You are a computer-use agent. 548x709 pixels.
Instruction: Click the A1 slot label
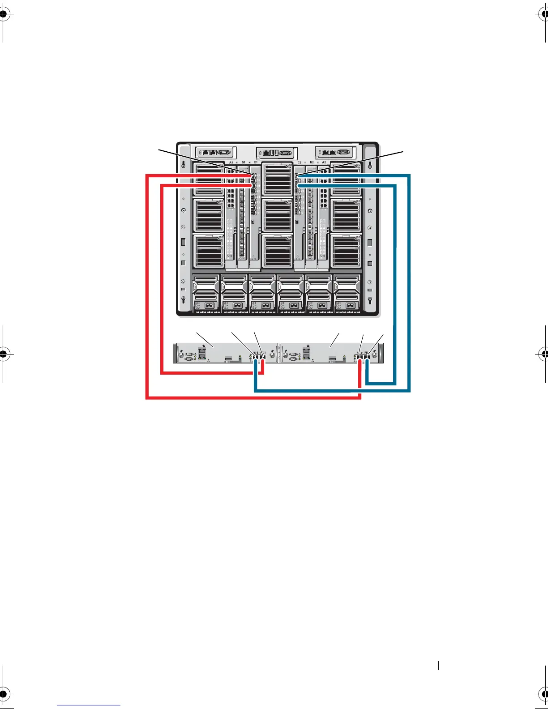tap(231, 162)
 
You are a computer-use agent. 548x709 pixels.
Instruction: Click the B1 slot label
tap(244, 162)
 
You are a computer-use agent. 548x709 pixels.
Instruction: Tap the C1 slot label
tap(256, 162)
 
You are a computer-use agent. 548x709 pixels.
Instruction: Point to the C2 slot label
tap(300, 162)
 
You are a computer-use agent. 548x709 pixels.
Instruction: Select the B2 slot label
tap(312, 162)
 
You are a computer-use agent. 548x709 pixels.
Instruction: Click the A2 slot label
tap(324, 162)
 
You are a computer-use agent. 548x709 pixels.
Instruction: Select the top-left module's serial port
tap(226, 152)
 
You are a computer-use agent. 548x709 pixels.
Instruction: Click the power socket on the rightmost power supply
tap(351, 306)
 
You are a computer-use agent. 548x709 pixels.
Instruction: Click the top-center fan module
tap(277, 179)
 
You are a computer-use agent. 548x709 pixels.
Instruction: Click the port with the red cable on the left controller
tap(263, 357)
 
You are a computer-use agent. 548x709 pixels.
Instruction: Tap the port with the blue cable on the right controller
tap(367, 357)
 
